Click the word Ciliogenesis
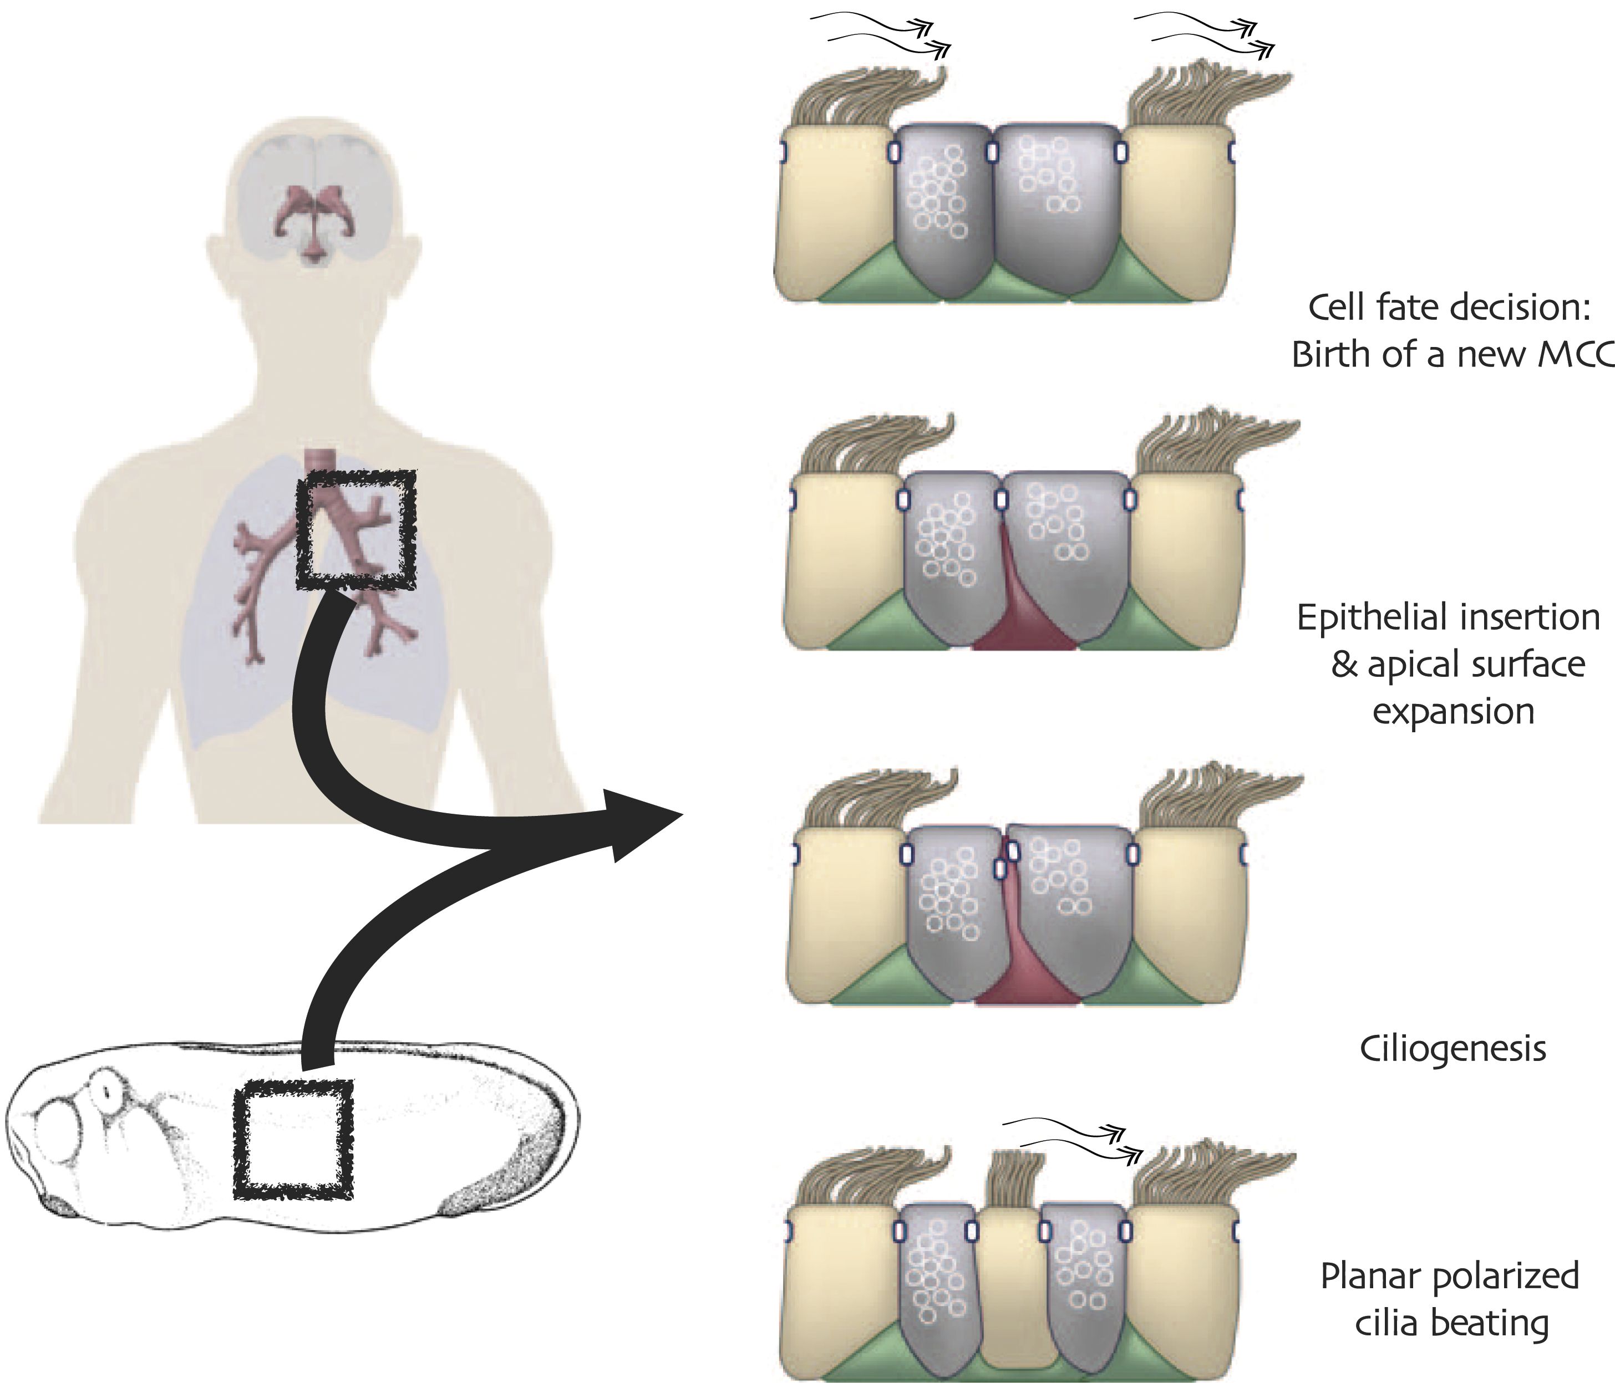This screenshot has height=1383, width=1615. coord(1452,1049)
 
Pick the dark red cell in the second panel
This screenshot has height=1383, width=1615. coord(1021,615)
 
